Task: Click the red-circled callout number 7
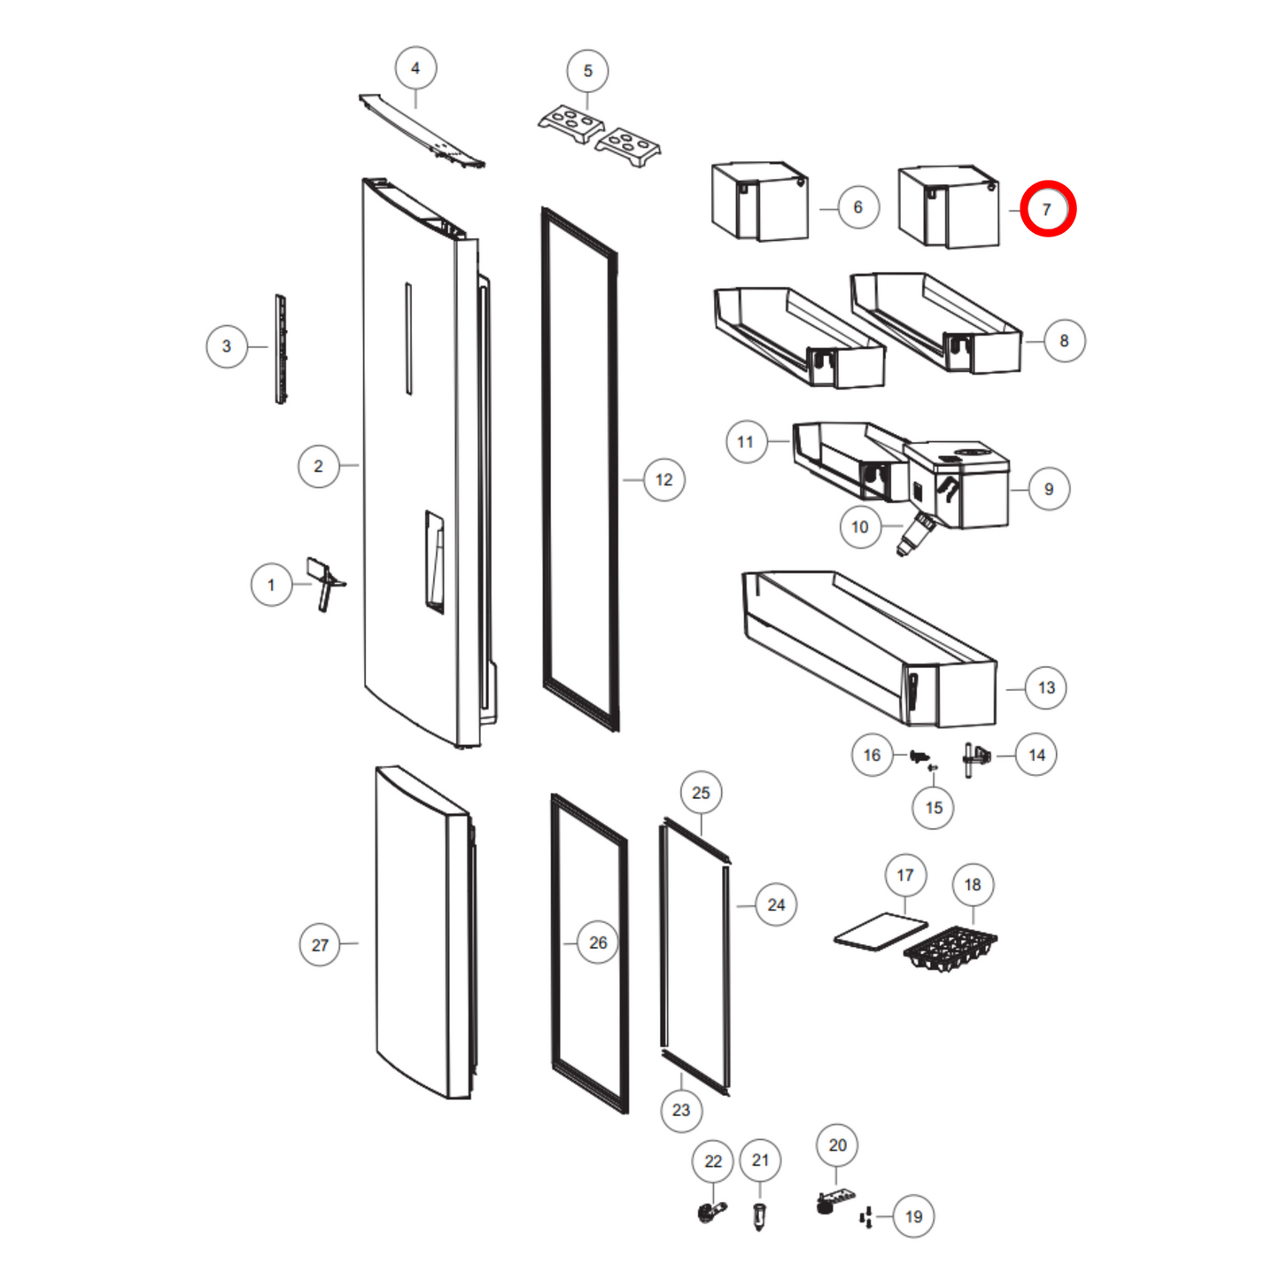click(1048, 210)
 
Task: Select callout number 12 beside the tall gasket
click(663, 480)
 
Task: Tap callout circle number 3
click(227, 346)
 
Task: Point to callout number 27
click(320, 945)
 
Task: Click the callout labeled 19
click(913, 1216)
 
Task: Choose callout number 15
click(934, 808)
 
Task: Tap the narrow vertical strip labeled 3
click(281, 350)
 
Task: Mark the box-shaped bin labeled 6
click(760, 201)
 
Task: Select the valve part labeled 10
click(915, 535)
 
